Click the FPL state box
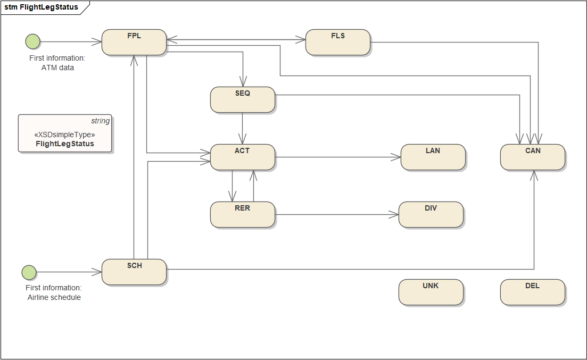(134, 43)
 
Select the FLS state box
(338, 43)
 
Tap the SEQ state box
(243, 99)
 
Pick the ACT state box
(243, 157)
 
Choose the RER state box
(243, 214)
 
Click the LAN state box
(433, 157)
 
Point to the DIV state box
(431, 214)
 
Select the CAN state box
(533, 157)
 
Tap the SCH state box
(134, 272)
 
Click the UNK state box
(431, 292)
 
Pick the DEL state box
(533, 292)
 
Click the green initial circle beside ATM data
(32, 41)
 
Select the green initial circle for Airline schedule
(29, 272)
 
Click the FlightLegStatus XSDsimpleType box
(65, 133)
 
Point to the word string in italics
(101, 121)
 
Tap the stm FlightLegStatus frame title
(41, 7)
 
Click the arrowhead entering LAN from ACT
(396, 157)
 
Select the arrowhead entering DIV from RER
(393, 214)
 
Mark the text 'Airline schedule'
(54, 297)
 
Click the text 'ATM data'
(57, 68)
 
